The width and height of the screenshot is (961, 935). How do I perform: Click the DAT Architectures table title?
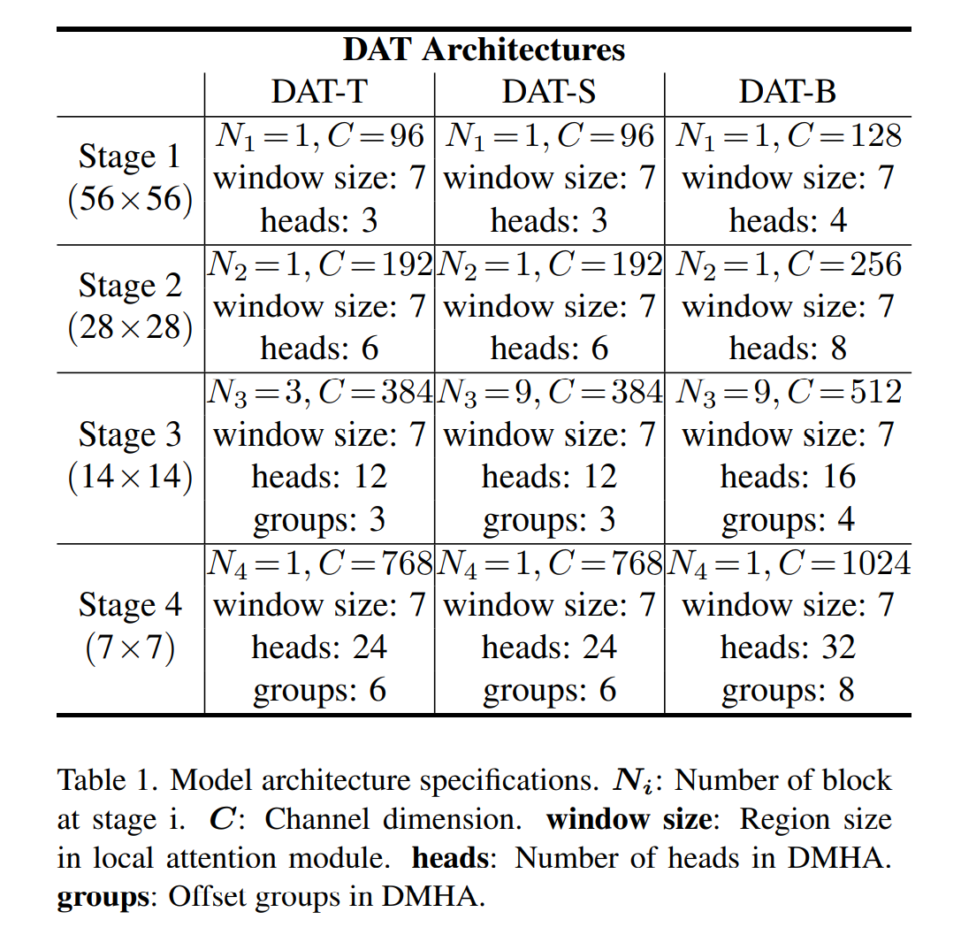pyautogui.click(x=484, y=50)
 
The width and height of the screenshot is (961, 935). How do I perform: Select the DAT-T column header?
pyautogui.click(x=319, y=92)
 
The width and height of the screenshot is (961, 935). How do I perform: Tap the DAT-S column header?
pyautogui.click(x=549, y=92)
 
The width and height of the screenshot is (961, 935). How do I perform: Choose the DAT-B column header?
pyautogui.click(x=788, y=92)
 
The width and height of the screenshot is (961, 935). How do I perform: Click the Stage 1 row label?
pyautogui.click(x=129, y=157)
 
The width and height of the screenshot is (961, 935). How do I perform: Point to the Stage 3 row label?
pyautogui.click(x=129, y=435)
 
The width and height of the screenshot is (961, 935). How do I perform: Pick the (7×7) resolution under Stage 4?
pyautogui.click(x=129, y=648)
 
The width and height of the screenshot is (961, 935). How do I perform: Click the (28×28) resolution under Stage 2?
pyautogui.click(x=129, y=328)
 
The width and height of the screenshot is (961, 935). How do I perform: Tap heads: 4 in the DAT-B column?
pyautogui.click(x=788, y=220)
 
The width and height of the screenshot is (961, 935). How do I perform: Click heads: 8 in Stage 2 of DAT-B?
pyautogui.click(x=788, y=349)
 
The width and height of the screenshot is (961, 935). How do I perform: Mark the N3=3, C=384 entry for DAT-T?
pyautogui.click(x=319, y=392)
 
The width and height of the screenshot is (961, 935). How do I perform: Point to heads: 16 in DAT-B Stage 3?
pyautogui.click(x=788, y=477)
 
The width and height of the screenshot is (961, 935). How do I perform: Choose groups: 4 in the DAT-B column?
pyautogui.click(x=788, y=519)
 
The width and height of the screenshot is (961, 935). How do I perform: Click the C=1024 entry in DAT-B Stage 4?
pyautogui.click(x=845, y=563)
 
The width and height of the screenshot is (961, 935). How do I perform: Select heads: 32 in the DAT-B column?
pyautogui.click(x=788, y=648)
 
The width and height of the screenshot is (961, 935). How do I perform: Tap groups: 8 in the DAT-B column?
pyautogui.click(x=788, y=690)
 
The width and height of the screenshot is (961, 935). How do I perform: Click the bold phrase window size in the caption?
pyautogui.click(x=628, y=819)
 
